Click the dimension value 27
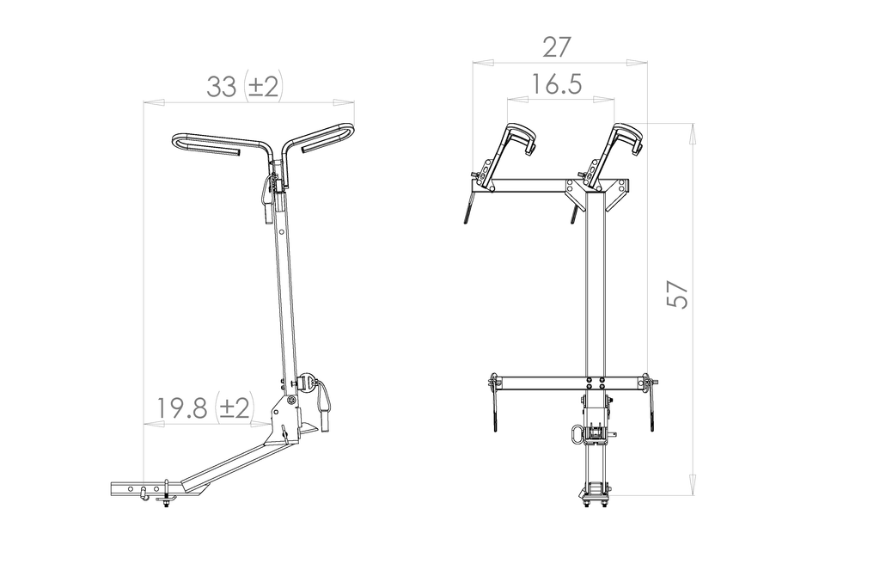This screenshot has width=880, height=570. point(557,47)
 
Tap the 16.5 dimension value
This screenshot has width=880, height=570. point(556,84)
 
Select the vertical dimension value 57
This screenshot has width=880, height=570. point(677,293)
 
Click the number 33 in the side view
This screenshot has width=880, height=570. point(222,87)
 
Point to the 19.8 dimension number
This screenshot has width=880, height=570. point(182,408)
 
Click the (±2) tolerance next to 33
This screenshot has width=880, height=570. point(263,87)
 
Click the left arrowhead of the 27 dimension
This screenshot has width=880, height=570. point(483,63)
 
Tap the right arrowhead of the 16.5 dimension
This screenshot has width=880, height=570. point(603,100)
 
